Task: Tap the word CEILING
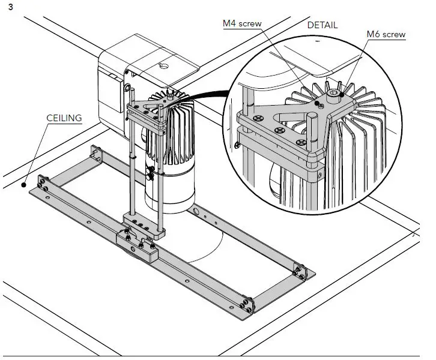[x=64, y=118]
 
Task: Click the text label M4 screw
[x=242, y=23]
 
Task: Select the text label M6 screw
[x=386, y=35]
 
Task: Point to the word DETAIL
[x=322, y=25]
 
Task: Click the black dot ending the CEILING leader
[x=25, y=184]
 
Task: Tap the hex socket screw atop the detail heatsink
[x=333, y=94]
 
